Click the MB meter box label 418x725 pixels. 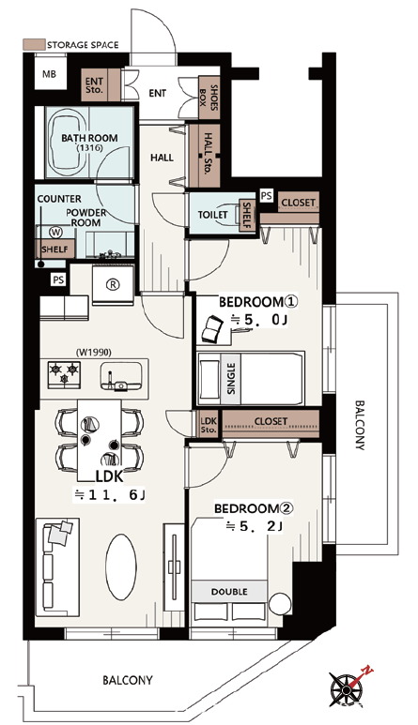pos(49,73)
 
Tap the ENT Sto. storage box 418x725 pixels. pos(95,84)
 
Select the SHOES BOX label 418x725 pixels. pos(209,97)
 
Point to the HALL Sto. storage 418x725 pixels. pos(205,157)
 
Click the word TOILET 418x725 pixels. pos(213,215)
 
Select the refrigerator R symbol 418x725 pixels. pos(113,285)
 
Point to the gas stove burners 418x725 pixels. pos(64,373)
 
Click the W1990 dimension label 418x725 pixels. pos(94,353)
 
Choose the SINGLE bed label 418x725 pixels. pos(231,378)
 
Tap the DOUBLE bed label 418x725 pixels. pos(229,592)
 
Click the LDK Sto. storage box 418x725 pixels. pos(209,425)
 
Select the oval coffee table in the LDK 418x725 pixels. pos(121,567)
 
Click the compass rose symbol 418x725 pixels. pos(348,688)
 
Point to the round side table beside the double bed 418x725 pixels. pos(280,604)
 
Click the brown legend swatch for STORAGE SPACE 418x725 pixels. pos(34,45)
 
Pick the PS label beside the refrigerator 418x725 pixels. pos(59,280)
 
